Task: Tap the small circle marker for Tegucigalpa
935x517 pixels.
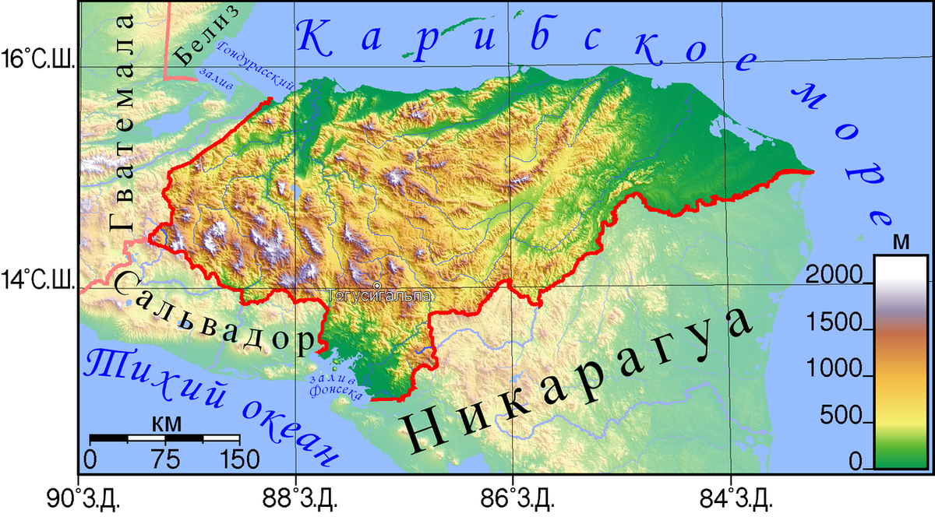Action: coord(376,286)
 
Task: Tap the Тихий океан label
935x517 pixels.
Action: coord(210,405)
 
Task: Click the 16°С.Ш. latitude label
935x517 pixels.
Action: coord(37,59)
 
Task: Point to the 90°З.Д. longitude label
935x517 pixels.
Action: coord(79,496)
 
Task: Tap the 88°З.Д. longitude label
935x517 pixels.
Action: coord(297,496)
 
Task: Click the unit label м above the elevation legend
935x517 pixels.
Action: coord(901,241)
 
